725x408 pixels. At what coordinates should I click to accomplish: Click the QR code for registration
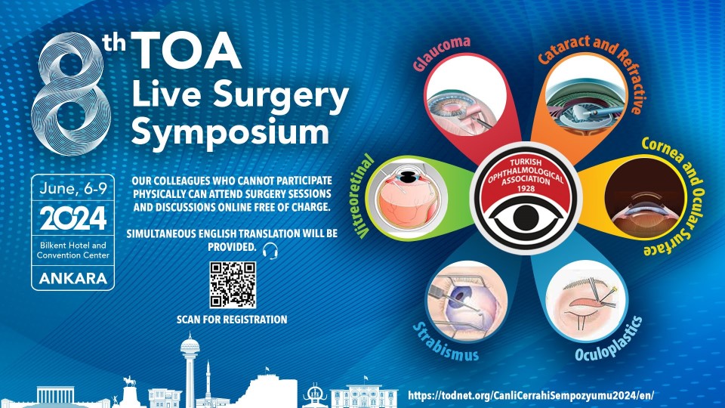click(233, 285)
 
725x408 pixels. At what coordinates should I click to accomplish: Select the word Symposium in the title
click(230, 133)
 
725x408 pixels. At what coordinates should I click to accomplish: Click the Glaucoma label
click(442, 53)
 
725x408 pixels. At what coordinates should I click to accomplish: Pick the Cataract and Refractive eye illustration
click(579, 102)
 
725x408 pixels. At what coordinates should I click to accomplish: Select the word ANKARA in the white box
click(73, 278)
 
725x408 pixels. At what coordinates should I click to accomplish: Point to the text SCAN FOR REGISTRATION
click(232, 320)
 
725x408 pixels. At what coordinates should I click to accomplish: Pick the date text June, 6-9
click(73, 190)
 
